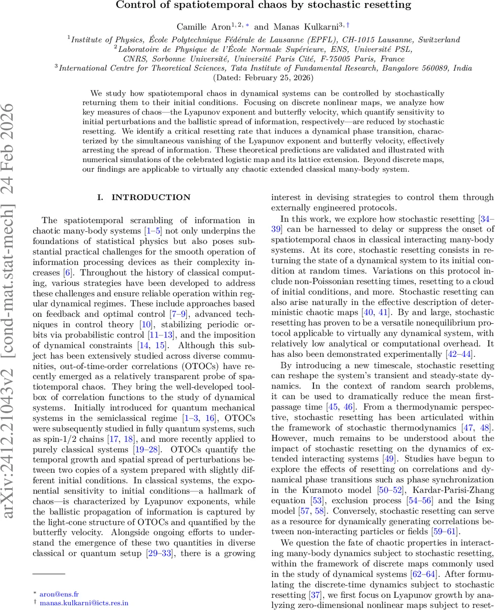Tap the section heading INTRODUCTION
[144, 197]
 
